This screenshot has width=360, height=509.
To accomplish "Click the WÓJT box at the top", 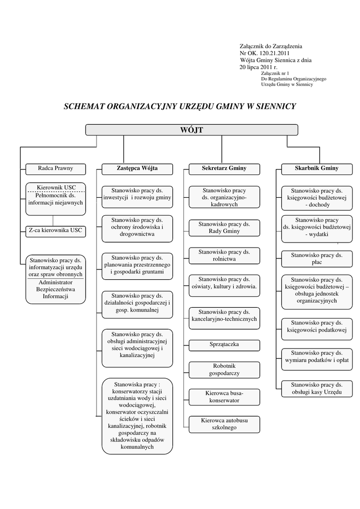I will click(191, 130).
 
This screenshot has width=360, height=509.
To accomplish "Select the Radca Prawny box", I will click(55, 169).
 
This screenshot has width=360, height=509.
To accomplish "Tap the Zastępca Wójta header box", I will click(137, 169).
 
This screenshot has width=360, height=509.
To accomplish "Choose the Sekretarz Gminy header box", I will click(224, 169).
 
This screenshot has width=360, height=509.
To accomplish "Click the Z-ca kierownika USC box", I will click(55, 231).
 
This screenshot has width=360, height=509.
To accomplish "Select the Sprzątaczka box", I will click(224, 344).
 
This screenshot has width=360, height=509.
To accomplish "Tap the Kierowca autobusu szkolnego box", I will click(224, 424).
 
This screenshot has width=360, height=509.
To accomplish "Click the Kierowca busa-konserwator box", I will click(224, 397).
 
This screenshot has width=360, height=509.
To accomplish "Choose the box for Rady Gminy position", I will click(224, 228).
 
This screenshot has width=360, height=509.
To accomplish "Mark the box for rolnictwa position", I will click(224, 255).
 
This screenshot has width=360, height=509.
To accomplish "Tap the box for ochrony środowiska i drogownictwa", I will click(137, 227).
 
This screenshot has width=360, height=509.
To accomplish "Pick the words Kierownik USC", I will click(55, 187).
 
